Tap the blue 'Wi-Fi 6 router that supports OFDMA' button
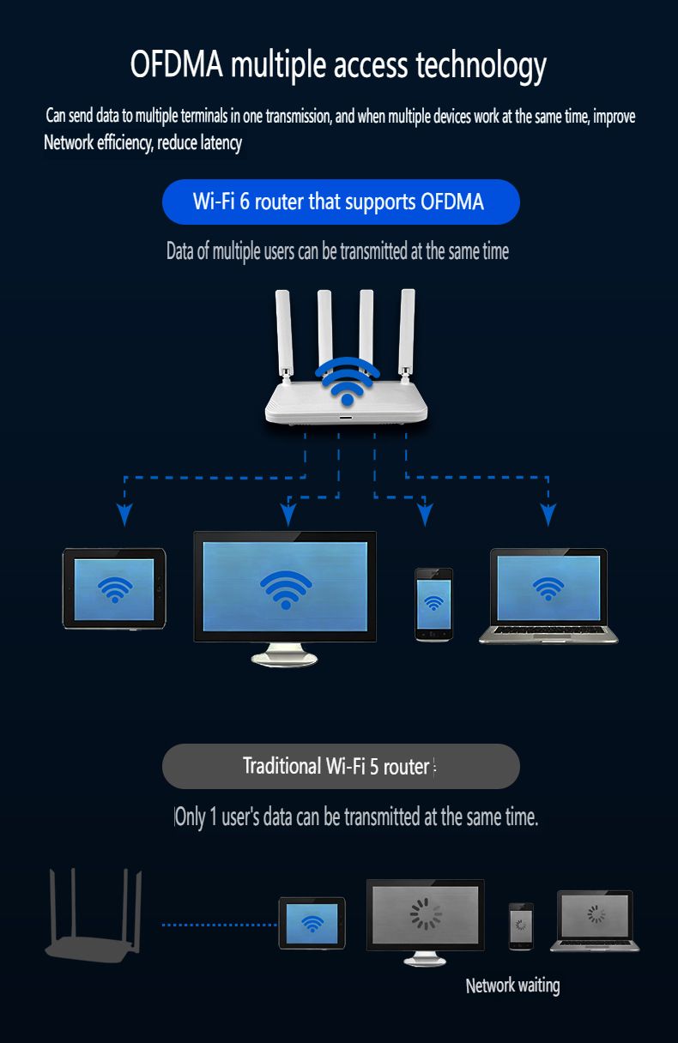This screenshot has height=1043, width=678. [x=341, y=202]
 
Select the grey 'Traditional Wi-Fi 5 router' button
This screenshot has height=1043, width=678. [x=341, y=766]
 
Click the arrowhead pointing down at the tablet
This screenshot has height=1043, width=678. [x=124, y=514]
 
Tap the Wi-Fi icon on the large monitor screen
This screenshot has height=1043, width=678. [x=286, y=586]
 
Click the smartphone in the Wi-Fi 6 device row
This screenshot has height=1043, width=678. [x=433, y=604]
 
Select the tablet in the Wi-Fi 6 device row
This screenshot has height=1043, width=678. [x=114, y=589]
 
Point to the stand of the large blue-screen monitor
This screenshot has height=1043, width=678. [x=284, y=655]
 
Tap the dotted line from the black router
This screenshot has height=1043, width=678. [x=219, y=925]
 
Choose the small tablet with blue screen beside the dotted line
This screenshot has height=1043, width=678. [x=312, y=923]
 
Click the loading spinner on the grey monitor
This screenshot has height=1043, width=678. [x=426, y=914]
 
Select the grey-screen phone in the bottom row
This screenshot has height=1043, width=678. [x=521, y=926]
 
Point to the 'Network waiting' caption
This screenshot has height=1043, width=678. [x=512, y=986]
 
